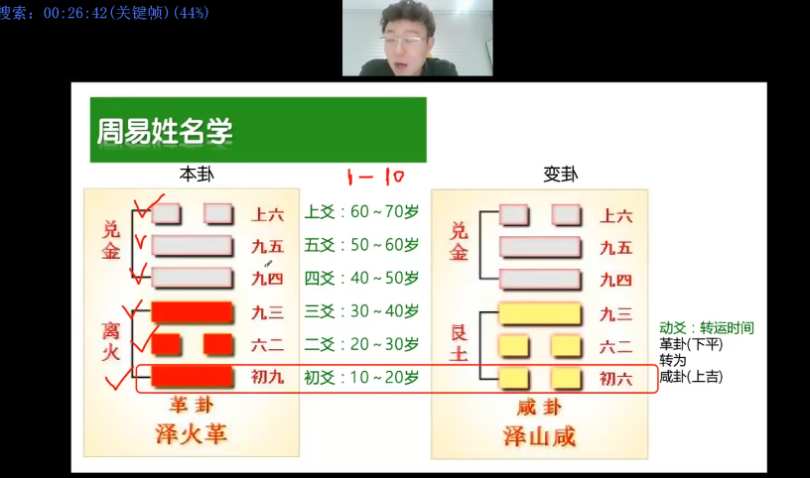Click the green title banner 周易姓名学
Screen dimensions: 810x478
coord(258,130)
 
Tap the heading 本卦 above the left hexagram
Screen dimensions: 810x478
coord(197,175)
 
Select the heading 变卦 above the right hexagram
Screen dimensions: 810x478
coord(561,175)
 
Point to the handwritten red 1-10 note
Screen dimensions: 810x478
coord(375,178)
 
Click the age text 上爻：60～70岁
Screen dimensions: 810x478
coord(361,211)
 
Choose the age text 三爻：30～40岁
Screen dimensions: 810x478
coord(361,311)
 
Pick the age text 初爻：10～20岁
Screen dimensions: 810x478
coord(361,377)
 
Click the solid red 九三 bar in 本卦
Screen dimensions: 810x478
coord(193,312)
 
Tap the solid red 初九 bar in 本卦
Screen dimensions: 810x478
coord(193,376)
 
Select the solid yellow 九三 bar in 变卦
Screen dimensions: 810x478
coord(540,314)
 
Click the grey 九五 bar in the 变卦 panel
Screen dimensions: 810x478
coord(540,247)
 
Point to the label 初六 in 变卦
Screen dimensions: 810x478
coord(615,380)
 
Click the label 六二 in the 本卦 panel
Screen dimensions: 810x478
coord(268,345)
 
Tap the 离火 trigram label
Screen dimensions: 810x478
coord(111,341)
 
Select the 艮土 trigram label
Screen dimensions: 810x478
coord(460,343)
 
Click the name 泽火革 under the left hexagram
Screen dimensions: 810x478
coord(192,434)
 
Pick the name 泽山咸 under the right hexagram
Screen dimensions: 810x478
coord(539,436)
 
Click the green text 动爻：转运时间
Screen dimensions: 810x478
coord(707,328)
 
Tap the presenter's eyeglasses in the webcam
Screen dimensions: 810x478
coord(405,40)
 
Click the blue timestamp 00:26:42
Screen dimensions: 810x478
coord(74,13)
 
